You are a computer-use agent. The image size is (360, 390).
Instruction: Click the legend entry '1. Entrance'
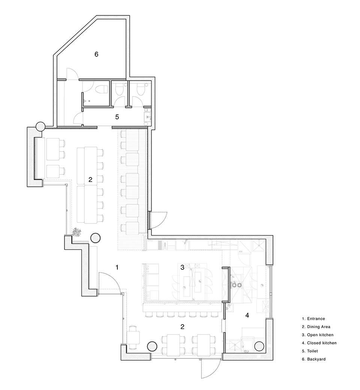pos(313,319)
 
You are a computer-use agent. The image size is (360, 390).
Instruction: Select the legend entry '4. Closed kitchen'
pos(319,343)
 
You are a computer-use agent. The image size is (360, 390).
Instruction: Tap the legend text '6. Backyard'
pos(314,359)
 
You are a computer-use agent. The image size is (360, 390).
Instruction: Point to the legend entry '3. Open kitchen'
pos(318,335)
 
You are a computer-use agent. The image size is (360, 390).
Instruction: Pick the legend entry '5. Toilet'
pos(310,351)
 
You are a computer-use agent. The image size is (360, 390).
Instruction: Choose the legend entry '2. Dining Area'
pos(316,327)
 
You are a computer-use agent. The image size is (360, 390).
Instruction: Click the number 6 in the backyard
pos(96,54)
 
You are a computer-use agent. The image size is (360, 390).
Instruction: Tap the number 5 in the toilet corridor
pos(117,117)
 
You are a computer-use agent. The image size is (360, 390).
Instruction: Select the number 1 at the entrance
pos(117,267)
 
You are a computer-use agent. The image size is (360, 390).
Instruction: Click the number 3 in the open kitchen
pos(182,267)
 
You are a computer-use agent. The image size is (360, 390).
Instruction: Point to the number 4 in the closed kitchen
pos(247,315)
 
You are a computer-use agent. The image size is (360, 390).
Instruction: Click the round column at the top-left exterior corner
pos(40,127)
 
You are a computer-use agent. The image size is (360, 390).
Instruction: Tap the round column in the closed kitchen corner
pos(259,346)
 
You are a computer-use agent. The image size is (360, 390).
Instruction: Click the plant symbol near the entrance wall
pos(77,232)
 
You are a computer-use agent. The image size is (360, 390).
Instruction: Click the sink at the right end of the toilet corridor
pos(147,117)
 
